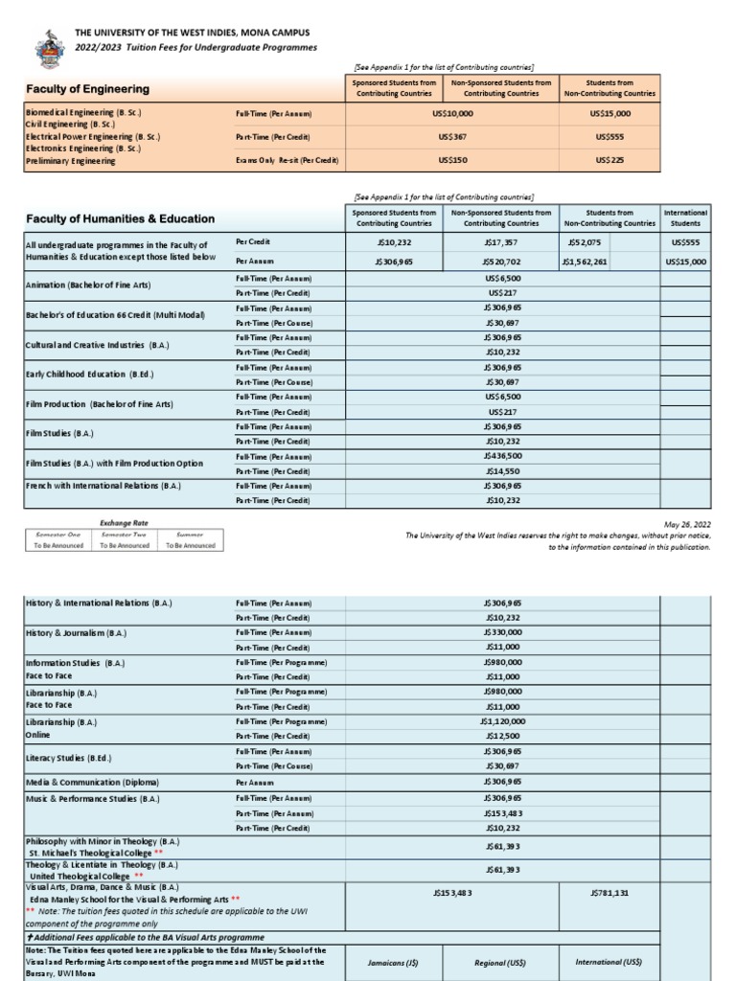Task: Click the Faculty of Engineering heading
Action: click(x=87, y=89)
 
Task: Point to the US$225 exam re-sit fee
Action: click(x=609, y=160)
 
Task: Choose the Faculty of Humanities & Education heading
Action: click(x=120, y=218)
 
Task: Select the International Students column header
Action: click(x=685, y=217)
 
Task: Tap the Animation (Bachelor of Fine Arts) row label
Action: click(x=88, y=285)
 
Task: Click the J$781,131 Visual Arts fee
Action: click(x=609, y=892)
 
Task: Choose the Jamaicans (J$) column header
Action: click(x=394, y=962)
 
